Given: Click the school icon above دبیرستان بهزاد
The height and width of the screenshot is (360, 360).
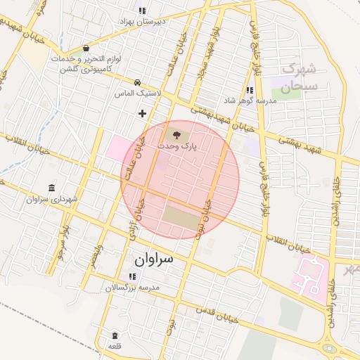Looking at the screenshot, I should coord(143,11).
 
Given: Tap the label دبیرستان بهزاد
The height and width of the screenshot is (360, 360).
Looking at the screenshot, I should coord(160,22).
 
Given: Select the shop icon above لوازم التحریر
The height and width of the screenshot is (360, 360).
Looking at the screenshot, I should coord(86,49).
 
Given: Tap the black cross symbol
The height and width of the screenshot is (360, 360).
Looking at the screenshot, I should coord(143,112).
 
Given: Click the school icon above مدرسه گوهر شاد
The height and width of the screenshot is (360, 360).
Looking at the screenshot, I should coord(250,90).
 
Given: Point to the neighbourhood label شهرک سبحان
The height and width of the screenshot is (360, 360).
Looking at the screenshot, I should coord(300,77).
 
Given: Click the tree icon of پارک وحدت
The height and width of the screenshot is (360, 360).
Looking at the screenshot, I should coord(175,134).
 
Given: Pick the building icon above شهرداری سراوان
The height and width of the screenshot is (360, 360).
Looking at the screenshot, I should coord(53,188).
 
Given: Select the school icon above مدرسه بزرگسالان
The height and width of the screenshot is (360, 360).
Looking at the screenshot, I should coord(132,276).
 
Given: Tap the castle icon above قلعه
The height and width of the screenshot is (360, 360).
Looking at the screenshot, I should coord(115,335).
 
